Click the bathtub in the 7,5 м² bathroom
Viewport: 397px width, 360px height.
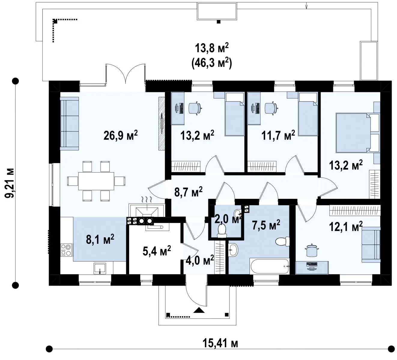point(270,266)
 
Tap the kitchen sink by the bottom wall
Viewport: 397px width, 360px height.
point(100,268)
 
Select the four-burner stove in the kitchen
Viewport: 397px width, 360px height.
point(66,250)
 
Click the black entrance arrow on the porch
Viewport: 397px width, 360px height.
point(199,310)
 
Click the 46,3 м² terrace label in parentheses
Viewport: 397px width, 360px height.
point(211,64)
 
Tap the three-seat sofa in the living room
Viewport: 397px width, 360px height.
point(69,123)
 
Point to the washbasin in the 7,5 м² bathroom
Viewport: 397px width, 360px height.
point(233,250)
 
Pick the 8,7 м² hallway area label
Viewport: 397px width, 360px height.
point(188,192)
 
